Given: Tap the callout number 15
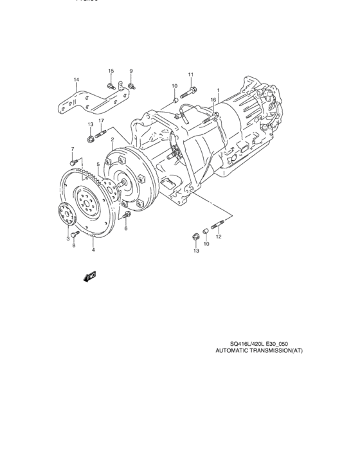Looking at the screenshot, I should point(111,70).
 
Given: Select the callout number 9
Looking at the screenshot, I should point(130,70).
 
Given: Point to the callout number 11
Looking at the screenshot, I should point(191,75).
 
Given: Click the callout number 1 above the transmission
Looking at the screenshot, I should point(218,90).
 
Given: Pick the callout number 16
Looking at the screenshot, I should point(213,100).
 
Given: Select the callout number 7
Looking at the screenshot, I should point(73,149).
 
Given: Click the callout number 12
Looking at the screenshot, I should point(219,237).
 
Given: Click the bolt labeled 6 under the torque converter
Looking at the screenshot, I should point(125,215).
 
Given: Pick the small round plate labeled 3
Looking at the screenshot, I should point(64,215).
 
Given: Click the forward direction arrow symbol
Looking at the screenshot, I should point(88,277).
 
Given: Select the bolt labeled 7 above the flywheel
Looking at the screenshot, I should point(75,161).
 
